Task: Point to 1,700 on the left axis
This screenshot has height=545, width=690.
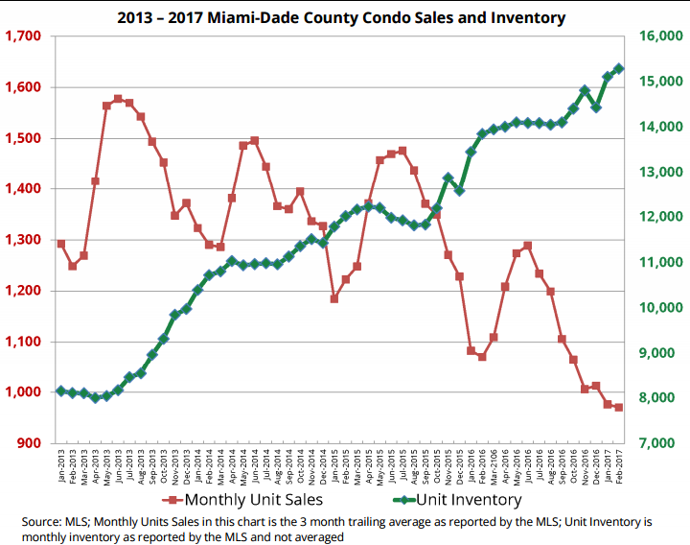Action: pos(23,36)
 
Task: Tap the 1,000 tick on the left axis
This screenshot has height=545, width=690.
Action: pos(23,392)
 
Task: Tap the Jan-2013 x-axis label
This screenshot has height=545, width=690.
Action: pos(61,465)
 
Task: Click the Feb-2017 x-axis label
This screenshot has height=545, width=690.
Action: pos(619,465)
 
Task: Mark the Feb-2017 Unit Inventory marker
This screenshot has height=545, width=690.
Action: pos(618,68)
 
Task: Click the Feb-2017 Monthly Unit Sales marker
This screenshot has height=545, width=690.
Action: pos(618,407)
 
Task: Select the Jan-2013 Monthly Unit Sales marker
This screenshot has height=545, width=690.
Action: pos(60,244)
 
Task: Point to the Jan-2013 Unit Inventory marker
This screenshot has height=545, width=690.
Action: pos(60,391)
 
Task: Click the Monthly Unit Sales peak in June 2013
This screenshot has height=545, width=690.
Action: pos(118,99)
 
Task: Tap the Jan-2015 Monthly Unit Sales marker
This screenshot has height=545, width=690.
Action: pos(334,298)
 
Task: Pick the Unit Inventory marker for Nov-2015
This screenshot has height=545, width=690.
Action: pos(448,178)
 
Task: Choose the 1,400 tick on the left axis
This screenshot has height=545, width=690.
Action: pos(23,189)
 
